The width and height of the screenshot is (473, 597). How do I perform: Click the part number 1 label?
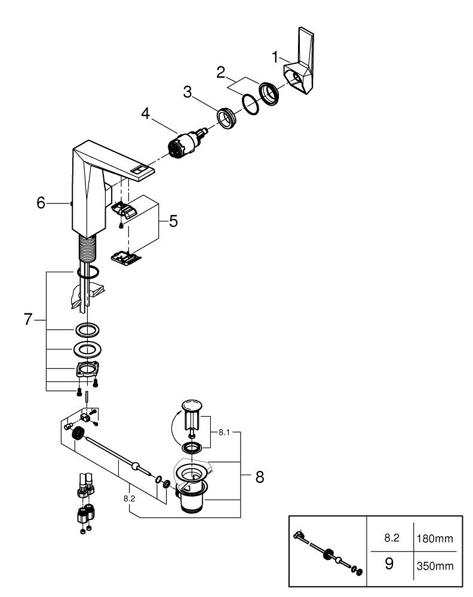(275, 58)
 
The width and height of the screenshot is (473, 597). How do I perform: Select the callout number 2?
(221, 73)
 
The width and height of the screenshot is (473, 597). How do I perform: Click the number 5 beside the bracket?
(173, 221)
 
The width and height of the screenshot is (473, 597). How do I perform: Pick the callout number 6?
(41, 203)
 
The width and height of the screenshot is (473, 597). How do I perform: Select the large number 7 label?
(27, 319)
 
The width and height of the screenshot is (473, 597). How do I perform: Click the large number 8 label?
(259, 477)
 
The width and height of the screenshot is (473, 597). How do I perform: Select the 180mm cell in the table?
(434, 539)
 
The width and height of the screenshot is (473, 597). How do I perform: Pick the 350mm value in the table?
(434, 565)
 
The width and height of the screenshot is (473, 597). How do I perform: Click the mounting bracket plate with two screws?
(87, 370)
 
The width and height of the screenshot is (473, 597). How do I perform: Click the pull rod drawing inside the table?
(327, 552)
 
